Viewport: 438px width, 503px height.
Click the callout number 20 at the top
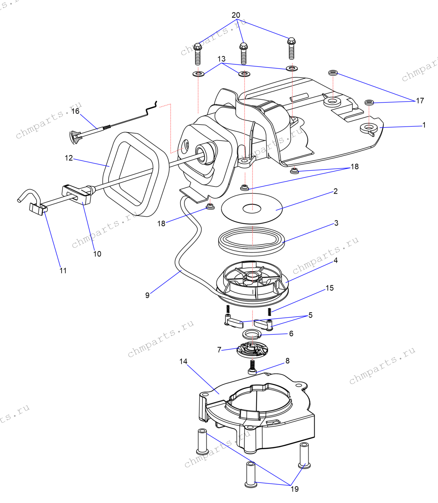pyautogui.click(x=236, y=15)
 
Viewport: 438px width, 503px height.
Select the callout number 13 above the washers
pyautogui.click(x=222, y=59)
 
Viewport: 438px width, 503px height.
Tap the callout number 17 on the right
pyautogui.click(x=420, y=101)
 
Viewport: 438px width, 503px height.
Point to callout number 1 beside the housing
pyautogui.click(x=424, y=125)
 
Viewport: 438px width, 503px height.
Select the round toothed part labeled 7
pyautogui.click(x=252, y=350)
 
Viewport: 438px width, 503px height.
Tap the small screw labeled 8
pyautogui.click(x=252, y=367)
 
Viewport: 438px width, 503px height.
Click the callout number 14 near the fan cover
pyautogui.click(x=183, y=361)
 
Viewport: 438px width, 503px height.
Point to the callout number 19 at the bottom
pyautogui.click(x=295, y=489)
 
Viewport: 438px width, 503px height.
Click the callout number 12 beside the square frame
pyautogui.click(x=69, y=158)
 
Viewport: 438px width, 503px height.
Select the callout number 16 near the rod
pyautogui.click(x=75, y=111)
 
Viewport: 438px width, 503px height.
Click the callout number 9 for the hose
pyautogui.click(x=147, y=295)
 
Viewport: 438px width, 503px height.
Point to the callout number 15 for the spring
pyautogui.click(x=330, y=288)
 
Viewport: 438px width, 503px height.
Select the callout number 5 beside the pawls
pyautogui.click(x=310, y=315)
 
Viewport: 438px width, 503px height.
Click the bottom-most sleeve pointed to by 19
pyautogui.click(x=251, y=475)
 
